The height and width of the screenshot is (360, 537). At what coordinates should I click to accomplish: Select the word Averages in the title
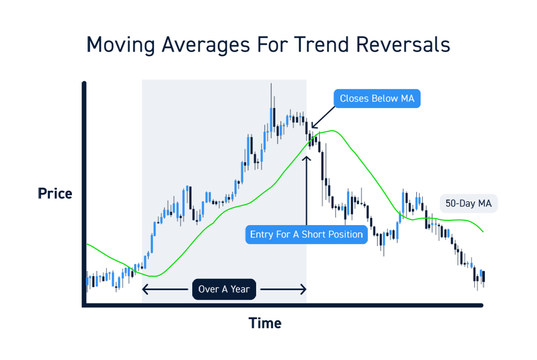206,46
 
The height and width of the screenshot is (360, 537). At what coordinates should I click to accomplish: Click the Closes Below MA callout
377,99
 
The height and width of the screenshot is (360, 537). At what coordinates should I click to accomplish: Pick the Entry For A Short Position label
307,234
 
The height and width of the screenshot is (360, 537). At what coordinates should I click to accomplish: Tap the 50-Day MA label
468,204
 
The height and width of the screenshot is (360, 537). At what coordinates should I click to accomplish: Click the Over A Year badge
224,289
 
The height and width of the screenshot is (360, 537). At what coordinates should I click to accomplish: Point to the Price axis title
55,193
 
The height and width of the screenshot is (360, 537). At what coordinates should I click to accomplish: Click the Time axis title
265,323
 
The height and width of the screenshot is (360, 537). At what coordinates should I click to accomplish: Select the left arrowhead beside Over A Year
145,289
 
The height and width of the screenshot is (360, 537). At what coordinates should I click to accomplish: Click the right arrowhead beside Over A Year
303,289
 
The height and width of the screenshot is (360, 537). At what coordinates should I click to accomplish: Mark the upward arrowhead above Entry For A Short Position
307,159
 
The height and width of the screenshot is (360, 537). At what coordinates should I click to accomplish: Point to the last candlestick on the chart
483,277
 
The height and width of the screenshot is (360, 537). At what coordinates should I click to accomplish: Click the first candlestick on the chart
88,282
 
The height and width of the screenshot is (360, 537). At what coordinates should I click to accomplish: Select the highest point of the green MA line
331,131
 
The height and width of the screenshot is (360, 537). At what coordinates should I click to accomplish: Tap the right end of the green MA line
483,232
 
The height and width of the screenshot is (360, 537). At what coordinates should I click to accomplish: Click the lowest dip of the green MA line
155,276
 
